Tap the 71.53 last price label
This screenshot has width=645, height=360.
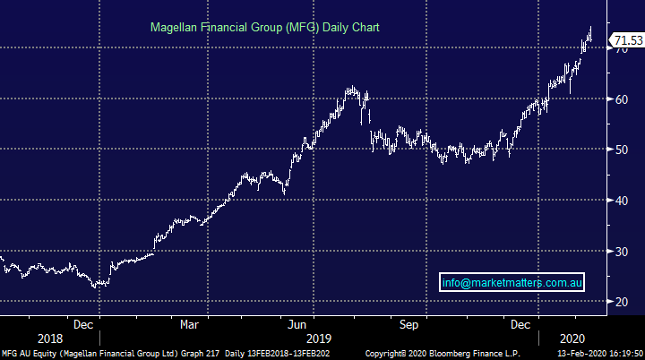[x=626, y=40]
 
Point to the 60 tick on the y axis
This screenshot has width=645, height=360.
[x=619, y=99]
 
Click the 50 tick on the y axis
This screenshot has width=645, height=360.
[x=619, y=150]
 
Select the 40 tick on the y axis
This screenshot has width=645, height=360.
[x=619, y=201]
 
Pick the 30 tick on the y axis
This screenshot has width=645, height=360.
[x=619, y=252]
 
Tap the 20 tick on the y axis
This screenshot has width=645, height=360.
[x=619, y=303]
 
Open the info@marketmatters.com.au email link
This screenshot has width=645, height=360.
[x=514, y=283]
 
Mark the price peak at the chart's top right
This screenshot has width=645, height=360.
[x=591, y=28]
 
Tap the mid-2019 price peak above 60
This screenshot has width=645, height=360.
[x=351, y=87]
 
